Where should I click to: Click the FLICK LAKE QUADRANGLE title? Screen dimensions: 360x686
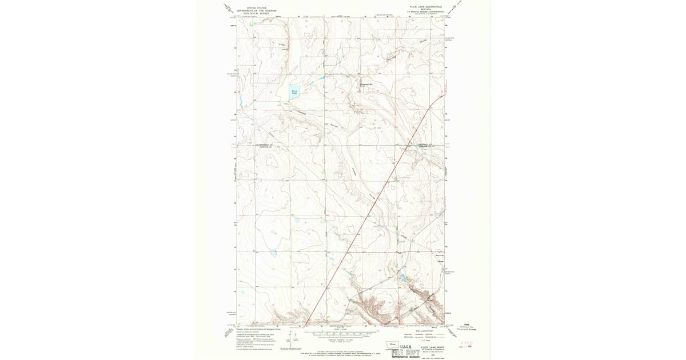coord(426,7)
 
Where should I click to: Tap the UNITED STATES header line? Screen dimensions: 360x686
coord(253,7)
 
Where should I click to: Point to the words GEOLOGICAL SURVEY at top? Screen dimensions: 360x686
coord(253,13)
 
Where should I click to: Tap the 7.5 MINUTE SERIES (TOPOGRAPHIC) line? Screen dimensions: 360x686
coord(426,11)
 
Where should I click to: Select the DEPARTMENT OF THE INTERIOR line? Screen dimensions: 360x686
coord(253,10)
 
